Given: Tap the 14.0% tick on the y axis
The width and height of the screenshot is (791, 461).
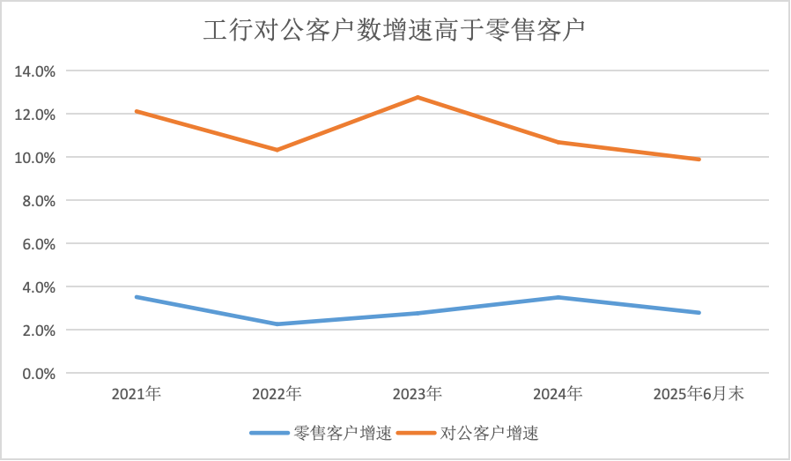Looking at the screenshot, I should pos(35,71).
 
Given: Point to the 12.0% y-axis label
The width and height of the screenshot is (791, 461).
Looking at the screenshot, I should pos(35,115).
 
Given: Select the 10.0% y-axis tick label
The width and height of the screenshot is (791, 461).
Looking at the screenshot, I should pos(35,158).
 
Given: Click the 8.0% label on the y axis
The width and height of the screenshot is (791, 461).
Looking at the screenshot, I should pos(39,201).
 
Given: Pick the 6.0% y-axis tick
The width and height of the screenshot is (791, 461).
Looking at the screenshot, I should pos(39,244).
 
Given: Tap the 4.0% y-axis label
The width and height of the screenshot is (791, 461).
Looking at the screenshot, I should pos(39,287).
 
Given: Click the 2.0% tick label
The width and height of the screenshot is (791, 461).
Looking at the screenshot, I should pos(39,331).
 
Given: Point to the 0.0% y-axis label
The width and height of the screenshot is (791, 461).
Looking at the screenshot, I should pos(39,374).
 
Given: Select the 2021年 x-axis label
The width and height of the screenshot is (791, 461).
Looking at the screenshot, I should pos(136,394).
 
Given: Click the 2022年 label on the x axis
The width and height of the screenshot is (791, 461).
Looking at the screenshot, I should pos(277,394).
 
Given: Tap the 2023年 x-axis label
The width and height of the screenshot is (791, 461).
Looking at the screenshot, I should pos(418,394).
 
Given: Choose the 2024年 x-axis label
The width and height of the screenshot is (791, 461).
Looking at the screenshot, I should pos(558,394).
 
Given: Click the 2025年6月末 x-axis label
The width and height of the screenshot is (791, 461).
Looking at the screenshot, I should pos(699,394).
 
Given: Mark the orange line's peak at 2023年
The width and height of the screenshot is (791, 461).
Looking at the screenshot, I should pos(418,97).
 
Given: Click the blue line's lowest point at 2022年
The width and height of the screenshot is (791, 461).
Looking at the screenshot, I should pos(277,324).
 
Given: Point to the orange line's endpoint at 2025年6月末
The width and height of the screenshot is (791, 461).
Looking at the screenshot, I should pos(699,160).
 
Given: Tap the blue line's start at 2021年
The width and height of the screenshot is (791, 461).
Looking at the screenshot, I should pos(136,297).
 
